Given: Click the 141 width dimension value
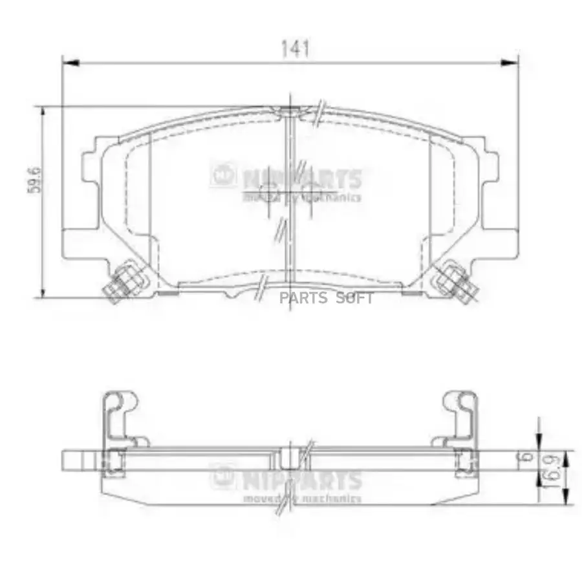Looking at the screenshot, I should point(295,48).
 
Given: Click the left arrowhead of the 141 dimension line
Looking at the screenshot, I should point(70,63).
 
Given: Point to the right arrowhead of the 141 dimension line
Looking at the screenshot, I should point(511,63).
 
